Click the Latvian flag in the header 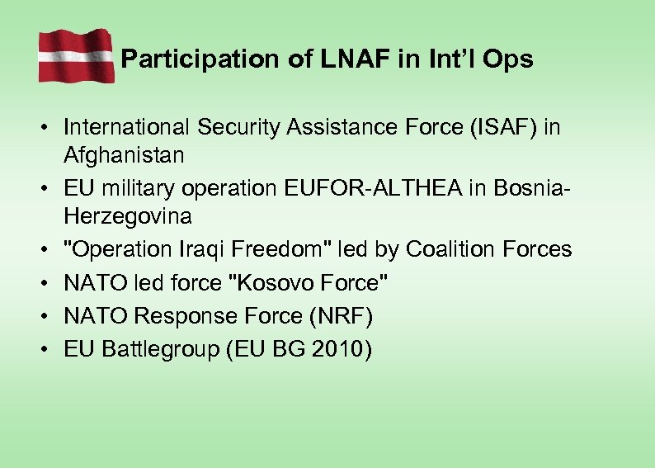click(76, 55)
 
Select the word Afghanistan click(124, 154)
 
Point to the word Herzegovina click(128, 216)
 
